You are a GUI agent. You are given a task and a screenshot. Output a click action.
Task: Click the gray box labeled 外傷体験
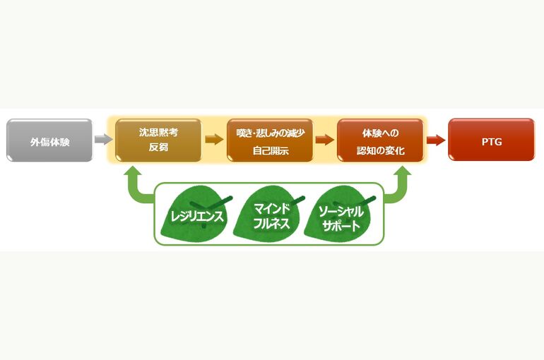coord(49,140)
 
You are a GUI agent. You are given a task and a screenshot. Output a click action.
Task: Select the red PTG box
coord(491,140)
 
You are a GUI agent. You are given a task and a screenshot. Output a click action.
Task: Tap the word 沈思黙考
coord(158,132)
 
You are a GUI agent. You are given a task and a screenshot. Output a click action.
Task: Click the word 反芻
coord(158,147)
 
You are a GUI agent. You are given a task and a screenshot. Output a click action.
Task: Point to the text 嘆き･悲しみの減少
coord(271,133)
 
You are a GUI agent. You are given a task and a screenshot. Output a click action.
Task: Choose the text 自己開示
coord(271,151)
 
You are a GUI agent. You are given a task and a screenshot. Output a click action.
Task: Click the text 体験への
coord(381,133)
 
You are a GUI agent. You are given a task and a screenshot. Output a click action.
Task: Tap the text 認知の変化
coord(381,151)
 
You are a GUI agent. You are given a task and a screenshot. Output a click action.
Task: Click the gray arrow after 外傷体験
coord(104,140)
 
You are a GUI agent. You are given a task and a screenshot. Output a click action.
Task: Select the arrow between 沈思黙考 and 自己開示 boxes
coord(214,140)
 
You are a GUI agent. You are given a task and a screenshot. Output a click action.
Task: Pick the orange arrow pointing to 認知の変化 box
coord(325,140)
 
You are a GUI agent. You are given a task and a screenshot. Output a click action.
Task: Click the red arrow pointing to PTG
coord(436,140)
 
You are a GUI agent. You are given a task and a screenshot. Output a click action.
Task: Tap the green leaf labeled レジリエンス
coord(196,214)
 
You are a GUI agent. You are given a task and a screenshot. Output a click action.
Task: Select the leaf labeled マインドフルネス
coord(271,213)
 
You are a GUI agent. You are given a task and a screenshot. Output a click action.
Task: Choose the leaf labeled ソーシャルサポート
coord(340,213)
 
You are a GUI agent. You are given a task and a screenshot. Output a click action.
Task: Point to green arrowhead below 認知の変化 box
coord(403,171)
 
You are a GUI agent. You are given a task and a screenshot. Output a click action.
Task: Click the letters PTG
coord(492,142)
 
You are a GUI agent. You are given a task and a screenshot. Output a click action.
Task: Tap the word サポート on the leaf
coord(341,226)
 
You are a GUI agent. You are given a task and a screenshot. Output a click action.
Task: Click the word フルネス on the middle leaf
coord(271,224)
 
